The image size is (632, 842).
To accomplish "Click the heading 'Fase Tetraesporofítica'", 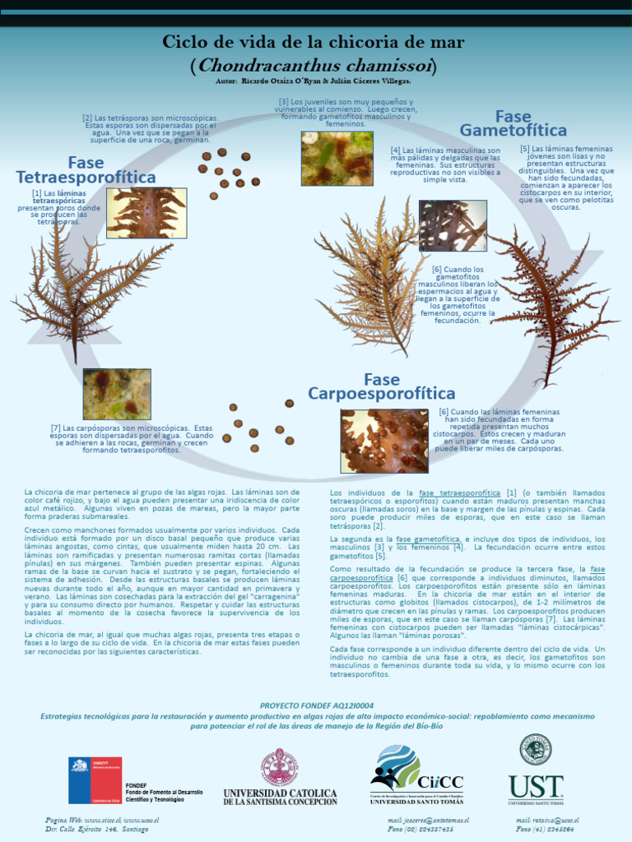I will pyautogui.click(x=86, y=170).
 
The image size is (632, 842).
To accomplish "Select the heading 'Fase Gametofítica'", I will pyautogui.click(x=513, y=123).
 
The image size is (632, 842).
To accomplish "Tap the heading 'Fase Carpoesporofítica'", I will pyautogui.click(x=381, y=386).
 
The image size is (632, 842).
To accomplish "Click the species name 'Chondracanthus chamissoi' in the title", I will pyautogui.click(x=314, y=65).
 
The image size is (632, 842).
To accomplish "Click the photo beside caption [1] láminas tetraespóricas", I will pyautogui.click(x=146, y=213).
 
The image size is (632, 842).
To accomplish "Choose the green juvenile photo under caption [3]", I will pyautogui.click(x=337, y=158).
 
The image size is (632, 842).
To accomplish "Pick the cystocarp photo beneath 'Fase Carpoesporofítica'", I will pyautogui.click(x=384, y=441).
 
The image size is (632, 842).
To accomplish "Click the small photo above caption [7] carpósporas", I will pyautogui.click(x=117, y=394).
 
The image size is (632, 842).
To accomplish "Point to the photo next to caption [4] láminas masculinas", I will pyautogui.click(x=453, y=225).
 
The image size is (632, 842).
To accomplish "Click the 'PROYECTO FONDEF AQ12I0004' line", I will pyautogui.click(x=316, y=706).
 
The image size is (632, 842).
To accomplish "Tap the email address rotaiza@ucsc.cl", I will pyautogui.click(x=548, y=820).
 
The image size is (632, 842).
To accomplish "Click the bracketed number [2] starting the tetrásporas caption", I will pyautogui.click(x=87, y=118).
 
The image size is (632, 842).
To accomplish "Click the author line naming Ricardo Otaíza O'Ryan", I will pyautogui.click(x=313, y=81).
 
